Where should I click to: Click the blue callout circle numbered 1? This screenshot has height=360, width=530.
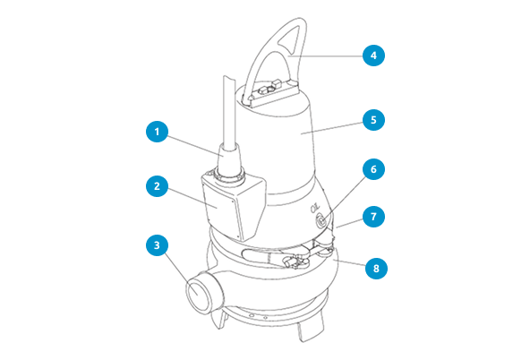(x=157, y=132)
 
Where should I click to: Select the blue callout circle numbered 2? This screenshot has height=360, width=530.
(x=157, y=187)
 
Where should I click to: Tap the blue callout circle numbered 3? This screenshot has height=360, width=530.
(x=157, y=243)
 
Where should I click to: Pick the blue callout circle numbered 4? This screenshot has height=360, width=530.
(x=373, y=56)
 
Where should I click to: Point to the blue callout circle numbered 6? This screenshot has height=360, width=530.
(x=373, y=168)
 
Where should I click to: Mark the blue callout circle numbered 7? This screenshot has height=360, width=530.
(x=373, y=217)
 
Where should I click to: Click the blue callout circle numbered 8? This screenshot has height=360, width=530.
(x=373, y=266)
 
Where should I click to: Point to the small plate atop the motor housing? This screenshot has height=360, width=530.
(x=269, y=92)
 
